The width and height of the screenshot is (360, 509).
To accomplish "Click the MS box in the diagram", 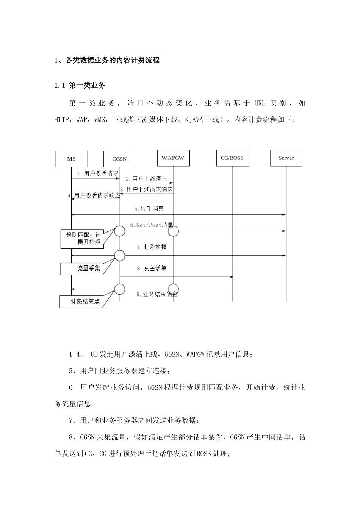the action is click(x=71, y=159).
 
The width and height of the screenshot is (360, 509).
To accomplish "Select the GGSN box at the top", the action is click(x=120, y=159).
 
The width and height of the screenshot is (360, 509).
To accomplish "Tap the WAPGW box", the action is click(x=173, y=158).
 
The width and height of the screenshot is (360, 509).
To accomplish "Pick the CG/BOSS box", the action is click(x=232, y=158).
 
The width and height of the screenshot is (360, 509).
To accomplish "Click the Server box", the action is click(x=286, y=158).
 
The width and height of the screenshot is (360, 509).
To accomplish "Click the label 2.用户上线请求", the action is click(x=146, y=179).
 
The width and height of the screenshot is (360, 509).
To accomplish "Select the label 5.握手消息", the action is click(x=149, y=209).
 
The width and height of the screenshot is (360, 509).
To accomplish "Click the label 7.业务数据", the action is click(x=152, y=247).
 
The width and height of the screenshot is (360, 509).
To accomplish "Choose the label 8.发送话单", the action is click(x=152, y=269).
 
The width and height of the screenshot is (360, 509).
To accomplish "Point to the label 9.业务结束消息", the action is click(x=157, y=294).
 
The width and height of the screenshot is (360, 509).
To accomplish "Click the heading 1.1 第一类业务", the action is click(x=80, y=86).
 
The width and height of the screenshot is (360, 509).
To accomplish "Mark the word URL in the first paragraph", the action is click(x=260, y=103).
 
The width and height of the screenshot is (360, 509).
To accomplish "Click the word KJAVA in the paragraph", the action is click(x=194, y=120).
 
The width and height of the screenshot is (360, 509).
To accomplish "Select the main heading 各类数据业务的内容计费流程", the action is click(x=113, y=60).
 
